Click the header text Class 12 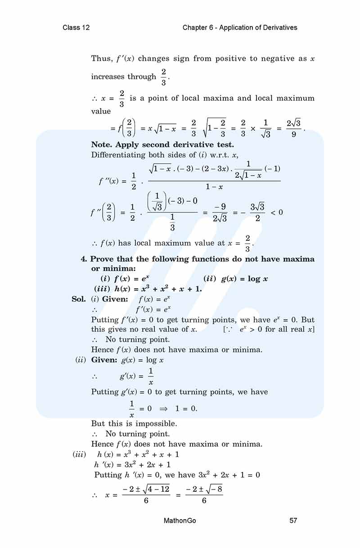tap(76, 27)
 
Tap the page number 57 tap(293, 521)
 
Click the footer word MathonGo tap(180, 521)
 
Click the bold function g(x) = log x tap(244, 279)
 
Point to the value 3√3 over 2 tap(257, 212)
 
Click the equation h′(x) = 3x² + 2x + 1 tap(132, 464)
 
